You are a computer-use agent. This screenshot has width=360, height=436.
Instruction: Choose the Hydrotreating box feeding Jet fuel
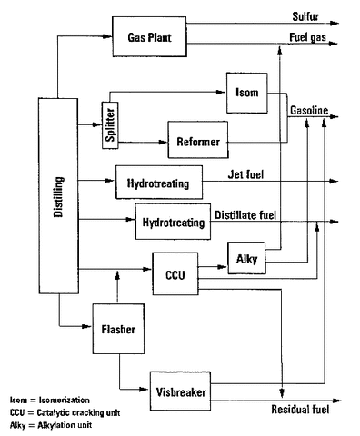[x=159, y=183]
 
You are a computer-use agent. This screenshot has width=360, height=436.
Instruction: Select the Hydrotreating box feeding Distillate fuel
[x=173, y=221]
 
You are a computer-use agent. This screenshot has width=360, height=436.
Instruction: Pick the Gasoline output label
[x=308, y=111]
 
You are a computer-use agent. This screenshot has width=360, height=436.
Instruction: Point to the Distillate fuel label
[x=252, y=214]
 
